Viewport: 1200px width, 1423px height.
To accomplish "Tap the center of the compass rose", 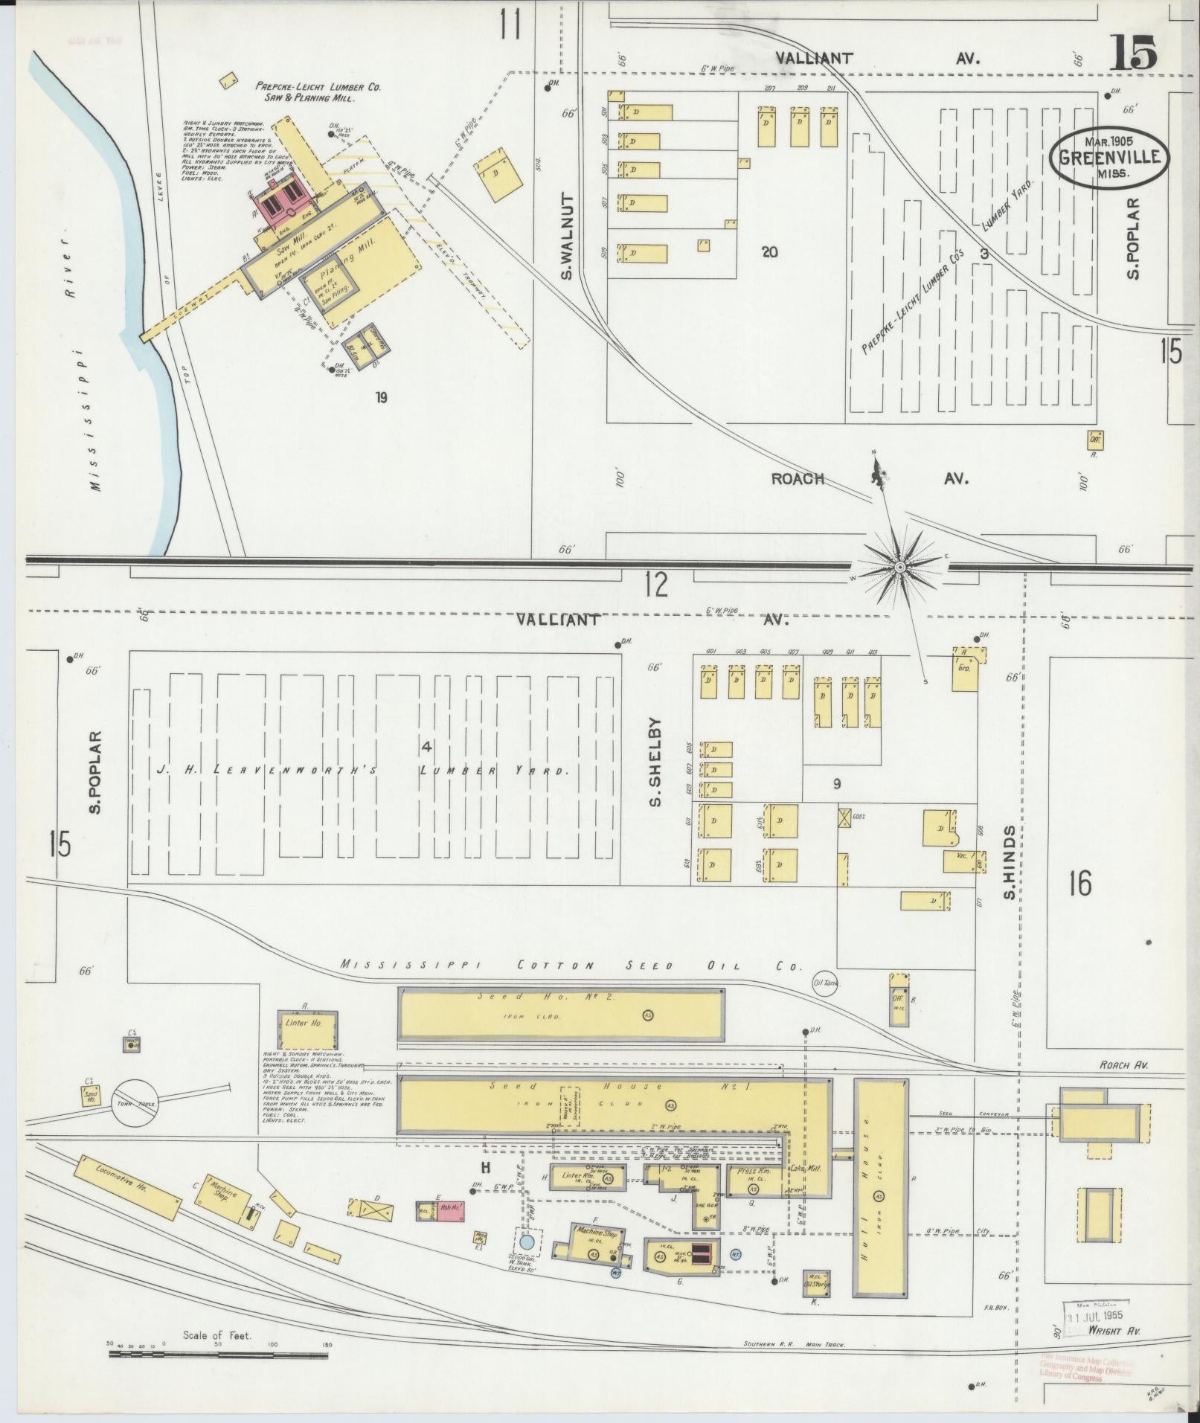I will pyautogui.click(x=899, y=567).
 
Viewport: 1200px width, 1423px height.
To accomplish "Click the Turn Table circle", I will pyautogui.click(x=135, y=1104).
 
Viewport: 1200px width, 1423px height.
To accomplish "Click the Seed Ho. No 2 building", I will pyautogui.click(x=561, y=1014).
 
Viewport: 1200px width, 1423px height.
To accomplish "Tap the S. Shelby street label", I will pyautogui.click(x=654, y=762).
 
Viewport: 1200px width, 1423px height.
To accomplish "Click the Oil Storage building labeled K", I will pyautogui.click(x=816, y=1284).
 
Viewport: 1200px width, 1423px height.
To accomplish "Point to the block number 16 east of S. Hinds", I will pyautogui.click(x=1079, y=884).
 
